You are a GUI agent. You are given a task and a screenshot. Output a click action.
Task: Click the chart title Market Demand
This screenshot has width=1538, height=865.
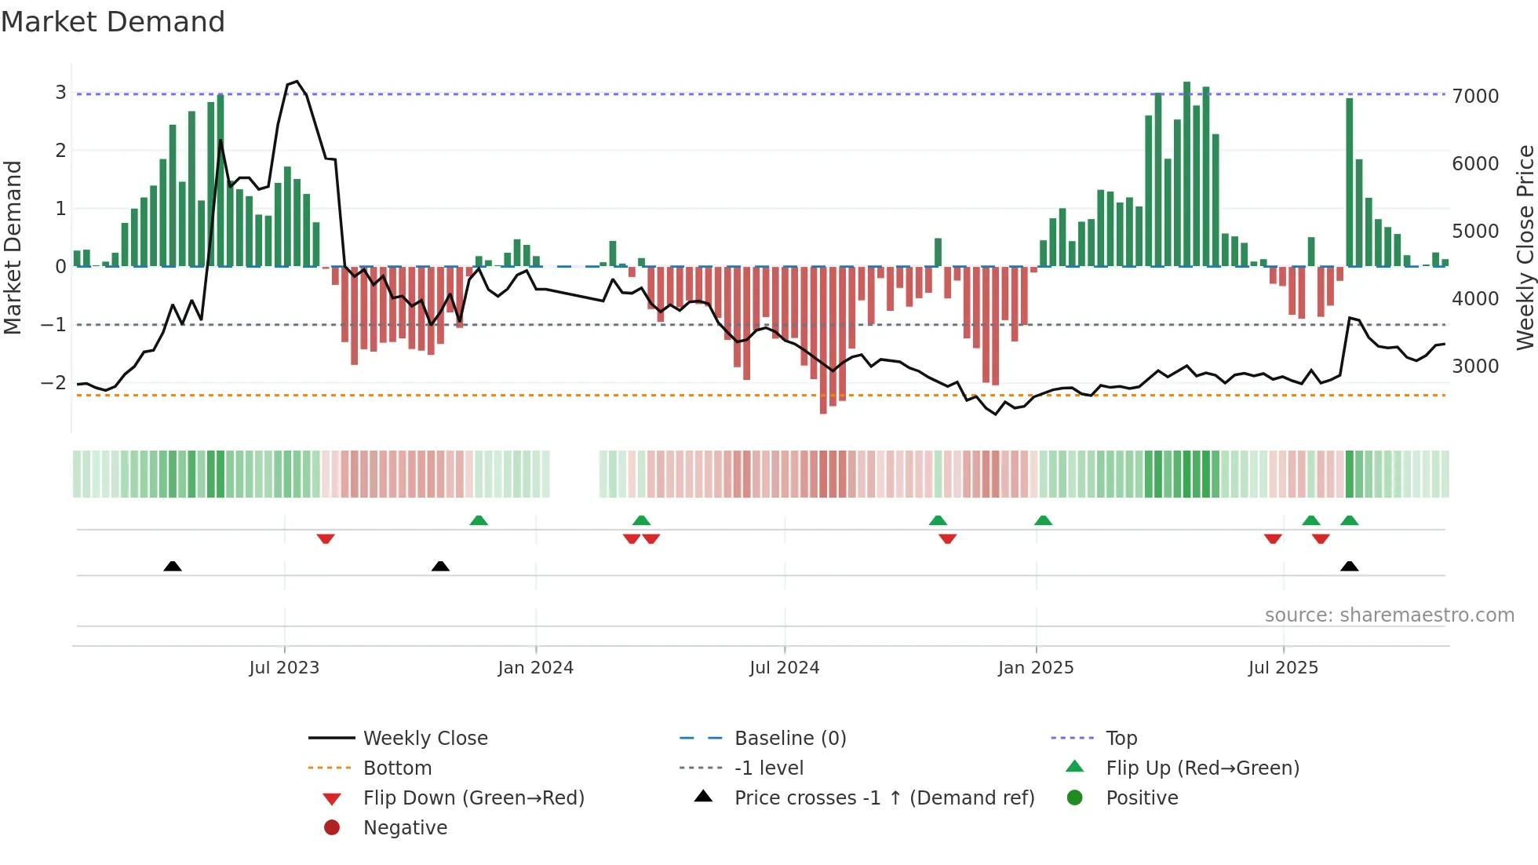pos(113,22)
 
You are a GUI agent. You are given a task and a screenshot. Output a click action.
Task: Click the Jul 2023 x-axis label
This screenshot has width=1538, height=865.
pos(284,668)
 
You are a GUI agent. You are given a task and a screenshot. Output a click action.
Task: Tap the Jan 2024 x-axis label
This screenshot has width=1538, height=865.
pos(535,668)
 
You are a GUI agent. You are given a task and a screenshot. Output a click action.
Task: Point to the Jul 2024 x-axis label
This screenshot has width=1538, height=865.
pos(784,668)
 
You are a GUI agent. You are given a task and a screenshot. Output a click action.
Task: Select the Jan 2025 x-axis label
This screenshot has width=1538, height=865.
pos(1036,668)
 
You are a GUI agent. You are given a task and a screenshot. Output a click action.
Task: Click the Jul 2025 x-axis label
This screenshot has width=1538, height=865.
pos(1283,668)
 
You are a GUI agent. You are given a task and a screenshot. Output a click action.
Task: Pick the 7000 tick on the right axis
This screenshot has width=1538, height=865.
pos(1475,97)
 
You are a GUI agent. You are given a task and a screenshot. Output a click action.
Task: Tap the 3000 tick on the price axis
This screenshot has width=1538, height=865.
pos(1475,367)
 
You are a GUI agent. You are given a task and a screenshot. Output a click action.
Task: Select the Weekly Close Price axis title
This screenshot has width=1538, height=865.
pos(1525,247)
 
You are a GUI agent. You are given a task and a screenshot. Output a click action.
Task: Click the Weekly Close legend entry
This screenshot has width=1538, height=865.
pos(425,739)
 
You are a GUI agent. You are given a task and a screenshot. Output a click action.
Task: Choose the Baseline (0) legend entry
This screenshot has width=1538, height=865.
pos(789,739)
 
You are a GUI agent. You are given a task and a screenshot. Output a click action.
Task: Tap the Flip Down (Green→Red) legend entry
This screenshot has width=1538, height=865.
pos(473,798)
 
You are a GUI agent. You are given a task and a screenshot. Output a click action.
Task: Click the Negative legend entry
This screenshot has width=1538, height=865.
pos(405,828)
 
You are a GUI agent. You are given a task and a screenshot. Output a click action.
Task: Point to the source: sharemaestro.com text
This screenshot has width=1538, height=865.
pos(1389,615)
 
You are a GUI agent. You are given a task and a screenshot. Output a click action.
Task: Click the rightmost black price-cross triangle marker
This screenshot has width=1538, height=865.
pos(1349,567)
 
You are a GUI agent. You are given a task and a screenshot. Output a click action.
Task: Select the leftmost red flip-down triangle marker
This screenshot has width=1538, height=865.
pos(326,538)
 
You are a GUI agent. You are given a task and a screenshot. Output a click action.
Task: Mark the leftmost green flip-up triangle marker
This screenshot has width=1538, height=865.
pos(479,520)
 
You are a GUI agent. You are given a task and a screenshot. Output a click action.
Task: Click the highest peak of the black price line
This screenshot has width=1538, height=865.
pos(296,82)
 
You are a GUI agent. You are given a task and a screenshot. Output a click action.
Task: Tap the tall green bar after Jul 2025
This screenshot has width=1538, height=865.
pos(1349,181)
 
